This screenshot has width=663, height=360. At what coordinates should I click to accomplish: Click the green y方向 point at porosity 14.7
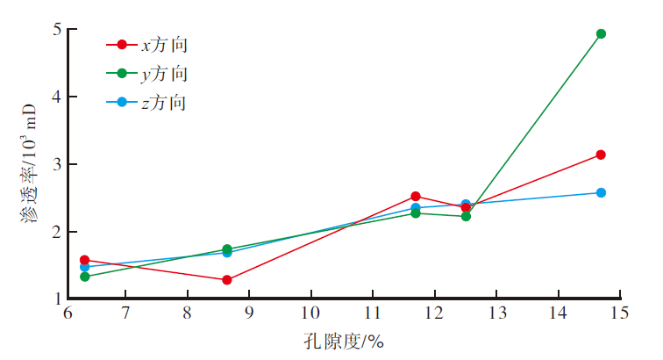pos(601,33)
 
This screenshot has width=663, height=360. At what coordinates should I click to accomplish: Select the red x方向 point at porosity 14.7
pos(601,155)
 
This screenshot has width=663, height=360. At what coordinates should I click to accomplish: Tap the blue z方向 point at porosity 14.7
pos(601,192)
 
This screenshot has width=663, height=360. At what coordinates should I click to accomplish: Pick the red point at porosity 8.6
pos(227,280)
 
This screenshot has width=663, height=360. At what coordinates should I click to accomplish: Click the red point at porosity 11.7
pos(416,197)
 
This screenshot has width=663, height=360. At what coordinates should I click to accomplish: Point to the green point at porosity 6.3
pos(85,277)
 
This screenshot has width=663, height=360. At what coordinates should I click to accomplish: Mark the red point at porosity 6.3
pos(85,260)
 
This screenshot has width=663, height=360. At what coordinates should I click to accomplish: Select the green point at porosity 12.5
pos(466,216)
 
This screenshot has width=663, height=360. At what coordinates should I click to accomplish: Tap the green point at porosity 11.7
pos(416,212)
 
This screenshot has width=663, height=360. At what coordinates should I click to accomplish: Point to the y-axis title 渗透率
pos(30,167)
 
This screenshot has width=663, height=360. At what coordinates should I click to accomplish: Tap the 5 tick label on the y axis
pos(54,29)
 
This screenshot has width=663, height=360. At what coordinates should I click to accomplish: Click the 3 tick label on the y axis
pos(54,164)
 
